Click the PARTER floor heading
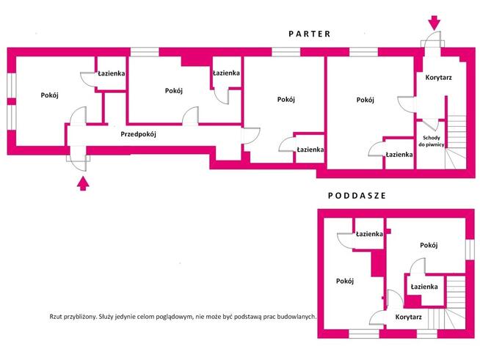coord(310,34)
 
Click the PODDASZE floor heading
coord(357,196)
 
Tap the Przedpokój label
coord(139,134)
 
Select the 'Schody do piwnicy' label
coord(432,142)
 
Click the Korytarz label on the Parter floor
coord(438,78)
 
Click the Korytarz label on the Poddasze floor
coord(408,317)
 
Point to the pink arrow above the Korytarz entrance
coord(434,23)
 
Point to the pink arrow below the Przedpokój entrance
coord(83,183)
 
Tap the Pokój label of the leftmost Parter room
coord(50,95)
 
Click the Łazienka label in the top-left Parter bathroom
coord(112,73)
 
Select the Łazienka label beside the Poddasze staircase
coord(424,287)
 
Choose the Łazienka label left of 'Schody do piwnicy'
coord(399,155)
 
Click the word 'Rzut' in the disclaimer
coord(56,317)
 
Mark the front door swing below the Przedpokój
coord(79,163)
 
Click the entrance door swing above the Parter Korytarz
coord(432,39)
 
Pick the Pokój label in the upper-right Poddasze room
coord(429,246)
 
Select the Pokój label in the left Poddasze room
coord(345,281)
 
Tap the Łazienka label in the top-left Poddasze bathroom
coord(369,234)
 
